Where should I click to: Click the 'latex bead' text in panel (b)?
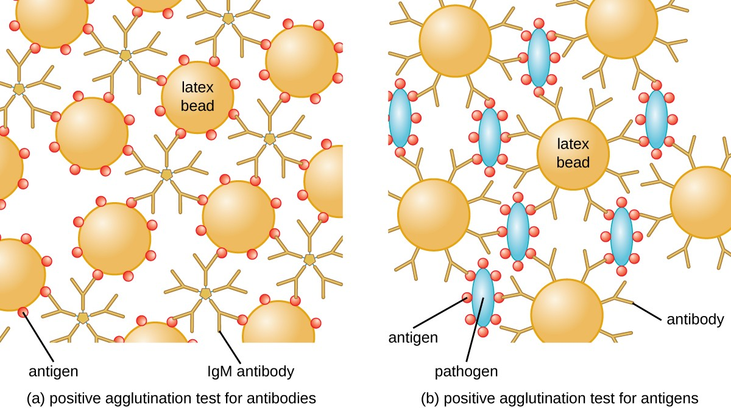[573, 153]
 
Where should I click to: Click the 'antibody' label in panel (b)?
[695, 319]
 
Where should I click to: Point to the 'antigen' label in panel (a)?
[54, 371]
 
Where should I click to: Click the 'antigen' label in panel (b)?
[413, 337]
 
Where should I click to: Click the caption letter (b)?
[430, 398]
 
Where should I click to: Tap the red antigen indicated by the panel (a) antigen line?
[23, 313]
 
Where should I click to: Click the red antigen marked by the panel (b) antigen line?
[467, 298]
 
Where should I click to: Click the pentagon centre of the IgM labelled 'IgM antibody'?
[206, 294]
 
